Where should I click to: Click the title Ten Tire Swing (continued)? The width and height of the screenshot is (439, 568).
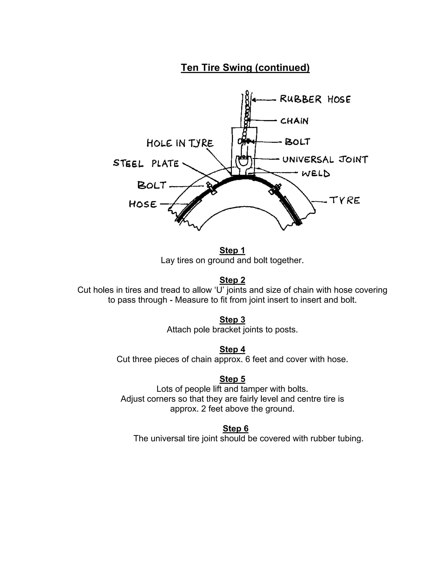click(245, 68)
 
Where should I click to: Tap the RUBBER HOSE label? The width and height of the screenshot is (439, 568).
click(315, 99)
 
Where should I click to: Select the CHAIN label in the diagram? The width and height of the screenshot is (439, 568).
click(294, 121)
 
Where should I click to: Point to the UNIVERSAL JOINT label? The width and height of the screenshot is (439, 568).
click(325, 159)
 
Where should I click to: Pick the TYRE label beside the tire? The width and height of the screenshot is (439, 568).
click(345, 201)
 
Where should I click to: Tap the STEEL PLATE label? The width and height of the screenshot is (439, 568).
click(146, 164)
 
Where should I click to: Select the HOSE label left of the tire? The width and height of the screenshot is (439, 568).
click(143, 204)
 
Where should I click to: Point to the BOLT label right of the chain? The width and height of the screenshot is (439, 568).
click(298, 142)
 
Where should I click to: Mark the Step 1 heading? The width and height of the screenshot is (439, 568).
click(232, 250)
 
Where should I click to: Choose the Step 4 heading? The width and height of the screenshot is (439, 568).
click(232, 349)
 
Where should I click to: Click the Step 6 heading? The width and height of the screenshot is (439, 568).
click(235, 428)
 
